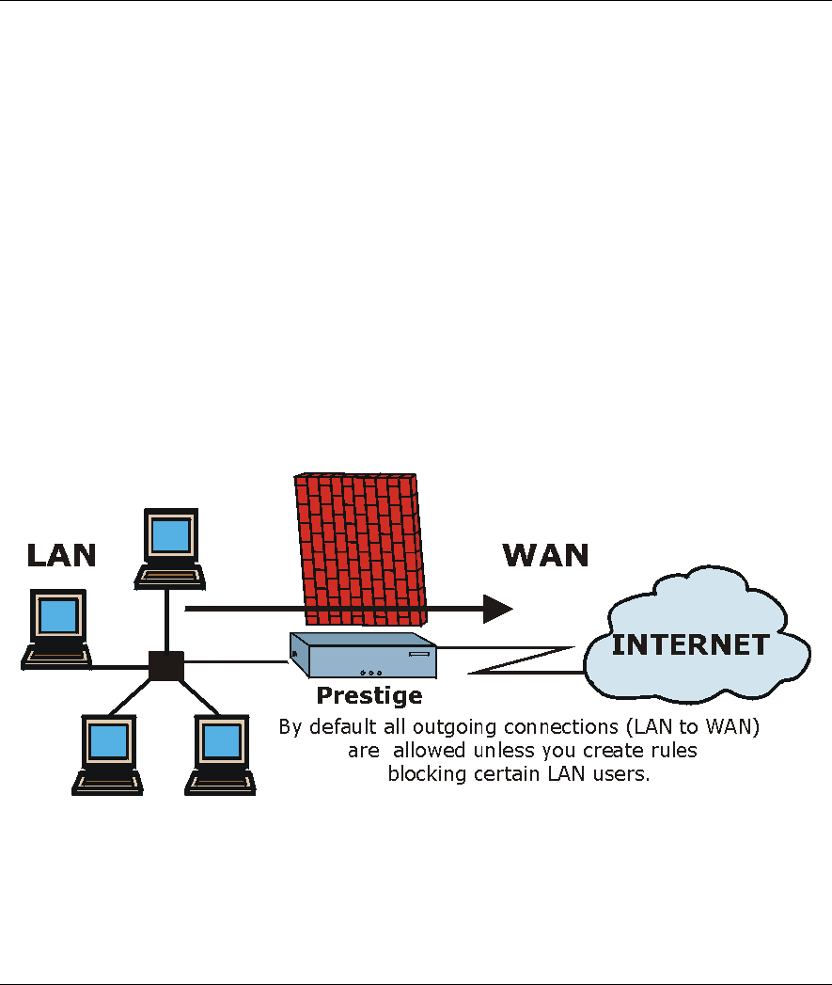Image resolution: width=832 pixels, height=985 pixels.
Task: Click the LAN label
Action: point(61,554)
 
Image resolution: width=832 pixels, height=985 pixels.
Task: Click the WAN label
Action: point(545,554)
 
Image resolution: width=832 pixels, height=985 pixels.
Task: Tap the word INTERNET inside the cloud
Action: point(691,645)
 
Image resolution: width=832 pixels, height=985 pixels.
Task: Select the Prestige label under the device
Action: point(369,696)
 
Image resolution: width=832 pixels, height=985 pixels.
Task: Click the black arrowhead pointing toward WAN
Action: point(497,609)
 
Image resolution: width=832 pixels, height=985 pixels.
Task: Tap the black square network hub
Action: point(166,665)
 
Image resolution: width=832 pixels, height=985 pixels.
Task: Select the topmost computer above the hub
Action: point(170,546)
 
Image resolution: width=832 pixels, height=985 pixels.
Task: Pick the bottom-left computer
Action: point(109,753)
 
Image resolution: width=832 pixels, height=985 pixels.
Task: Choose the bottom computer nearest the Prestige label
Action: point(220,753)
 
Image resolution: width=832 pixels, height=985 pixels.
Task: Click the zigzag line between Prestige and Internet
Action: point(523,659)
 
